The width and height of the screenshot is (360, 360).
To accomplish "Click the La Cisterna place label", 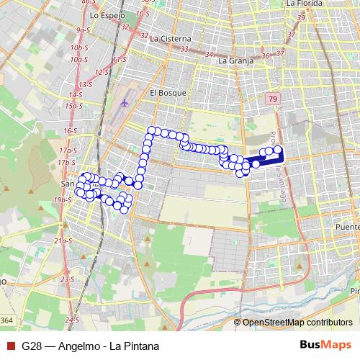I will pos(171,38).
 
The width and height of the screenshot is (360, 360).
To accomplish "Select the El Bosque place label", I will pos(168,92).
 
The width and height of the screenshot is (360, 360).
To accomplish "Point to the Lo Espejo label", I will pos(108,14).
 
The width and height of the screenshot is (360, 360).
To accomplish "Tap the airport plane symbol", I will pos(125,102).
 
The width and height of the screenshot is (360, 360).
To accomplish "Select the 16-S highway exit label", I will pos(70,131).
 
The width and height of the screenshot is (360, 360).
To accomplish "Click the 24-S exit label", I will pos(71,318).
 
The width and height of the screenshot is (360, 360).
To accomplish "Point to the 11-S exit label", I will pos(120,59).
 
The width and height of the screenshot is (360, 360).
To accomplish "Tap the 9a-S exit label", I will pos(81,30).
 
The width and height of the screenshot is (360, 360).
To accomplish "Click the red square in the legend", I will pos(10,346).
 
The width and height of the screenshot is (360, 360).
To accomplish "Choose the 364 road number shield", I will pos(6,320).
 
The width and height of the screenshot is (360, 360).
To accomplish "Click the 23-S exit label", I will pos(67,279).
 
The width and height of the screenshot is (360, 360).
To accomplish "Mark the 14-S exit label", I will pos(75,94).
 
